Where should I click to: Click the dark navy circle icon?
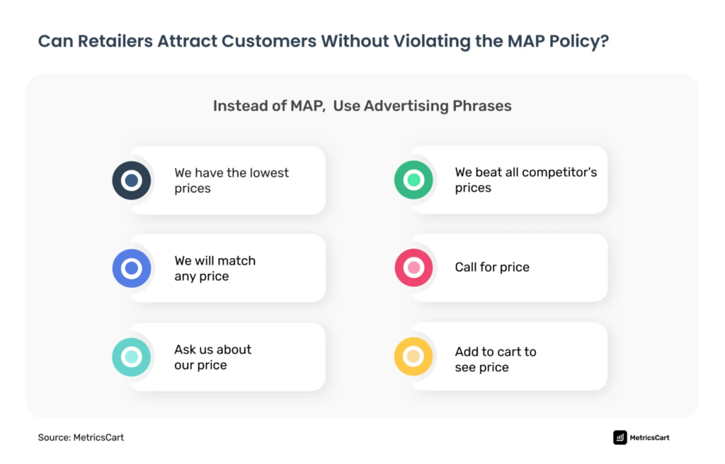click(132, 180)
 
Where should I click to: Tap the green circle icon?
click(413, 180)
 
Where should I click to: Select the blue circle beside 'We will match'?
click(132, 268)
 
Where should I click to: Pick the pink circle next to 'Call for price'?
click(413, 268)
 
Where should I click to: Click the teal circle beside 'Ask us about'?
click(132, 357)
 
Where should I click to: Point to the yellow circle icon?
click(413, 356)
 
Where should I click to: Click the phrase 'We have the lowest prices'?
click(232, 180)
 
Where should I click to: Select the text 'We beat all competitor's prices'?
click(525, 180)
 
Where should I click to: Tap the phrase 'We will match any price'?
click(215, 268)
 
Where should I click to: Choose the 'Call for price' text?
click(492, 267)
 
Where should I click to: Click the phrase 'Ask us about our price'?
click(212, 357)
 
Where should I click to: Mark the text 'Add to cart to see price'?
click(495, 359)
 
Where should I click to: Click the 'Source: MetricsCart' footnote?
click(81, 437)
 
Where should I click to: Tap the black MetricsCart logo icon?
click(620, 437)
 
